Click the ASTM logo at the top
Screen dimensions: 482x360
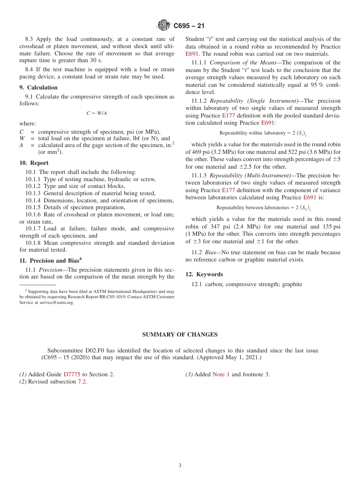point(164,26)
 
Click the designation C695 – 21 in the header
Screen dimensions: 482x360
point(189,26)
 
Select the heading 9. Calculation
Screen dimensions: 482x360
point(37,88)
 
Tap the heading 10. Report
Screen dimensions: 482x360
point(34,163)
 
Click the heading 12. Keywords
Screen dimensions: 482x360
point(204,274)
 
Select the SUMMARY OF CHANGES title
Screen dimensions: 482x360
point(180,335)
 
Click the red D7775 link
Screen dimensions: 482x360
point(72,374)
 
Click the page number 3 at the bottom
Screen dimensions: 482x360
point(180,465)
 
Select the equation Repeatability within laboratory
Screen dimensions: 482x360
point(263,133)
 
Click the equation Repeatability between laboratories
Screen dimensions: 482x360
point(263,208)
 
